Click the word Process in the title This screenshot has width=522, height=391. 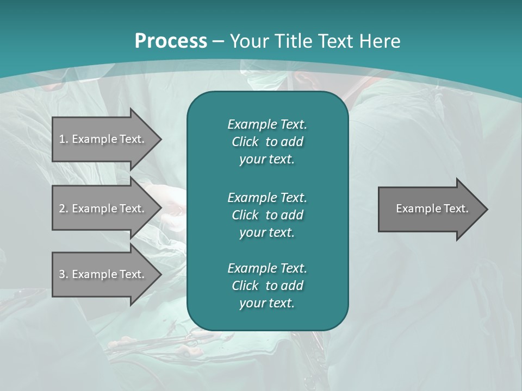(171, 41)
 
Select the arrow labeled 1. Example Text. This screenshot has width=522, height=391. (103, 139)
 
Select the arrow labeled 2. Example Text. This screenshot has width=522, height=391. (103, 209)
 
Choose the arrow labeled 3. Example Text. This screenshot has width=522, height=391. (103, 274)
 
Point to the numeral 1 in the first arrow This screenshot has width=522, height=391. (61, 139)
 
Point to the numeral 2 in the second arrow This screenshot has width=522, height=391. (62, 209)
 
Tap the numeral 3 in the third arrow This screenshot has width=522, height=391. (62, 274)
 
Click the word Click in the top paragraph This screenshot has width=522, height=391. (245, 142)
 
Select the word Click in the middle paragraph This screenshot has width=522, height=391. (245, 215)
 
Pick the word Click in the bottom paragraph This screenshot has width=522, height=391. (245, 286)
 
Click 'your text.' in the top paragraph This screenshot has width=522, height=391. (267, 160)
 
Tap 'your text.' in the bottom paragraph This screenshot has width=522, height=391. (267, 304)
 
